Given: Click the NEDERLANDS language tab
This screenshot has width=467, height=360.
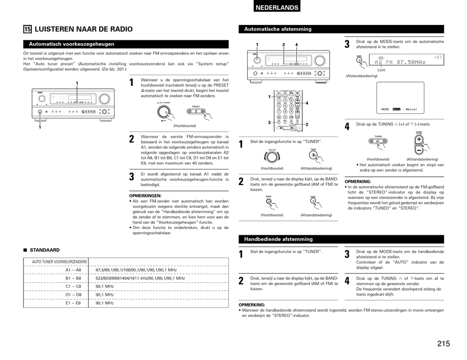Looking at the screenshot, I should point(277,7).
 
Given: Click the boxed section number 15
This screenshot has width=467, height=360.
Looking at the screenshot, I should point(27,29).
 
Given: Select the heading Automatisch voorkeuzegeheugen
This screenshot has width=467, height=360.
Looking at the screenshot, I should point(71,44).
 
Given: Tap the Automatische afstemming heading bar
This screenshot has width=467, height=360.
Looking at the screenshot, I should point(278,29).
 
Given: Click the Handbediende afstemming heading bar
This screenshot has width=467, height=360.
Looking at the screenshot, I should point(278,239).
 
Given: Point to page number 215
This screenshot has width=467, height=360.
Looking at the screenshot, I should point(443,344).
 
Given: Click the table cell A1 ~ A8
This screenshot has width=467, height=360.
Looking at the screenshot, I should point(73,270).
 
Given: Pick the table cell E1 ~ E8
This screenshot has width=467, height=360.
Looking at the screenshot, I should point(73,304).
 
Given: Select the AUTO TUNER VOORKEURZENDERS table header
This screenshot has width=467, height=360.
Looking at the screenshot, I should point(59,262).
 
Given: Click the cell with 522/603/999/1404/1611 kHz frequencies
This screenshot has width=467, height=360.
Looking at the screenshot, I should point(140,278).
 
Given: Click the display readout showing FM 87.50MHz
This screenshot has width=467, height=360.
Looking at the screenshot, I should point(400,62).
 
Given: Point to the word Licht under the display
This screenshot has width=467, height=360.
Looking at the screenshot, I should point(381,71).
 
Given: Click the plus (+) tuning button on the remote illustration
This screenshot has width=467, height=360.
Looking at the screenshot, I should point(419,139).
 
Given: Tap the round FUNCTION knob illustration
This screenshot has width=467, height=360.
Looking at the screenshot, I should point(272,157).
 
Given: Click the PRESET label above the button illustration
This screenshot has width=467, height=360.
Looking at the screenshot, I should point(196,107).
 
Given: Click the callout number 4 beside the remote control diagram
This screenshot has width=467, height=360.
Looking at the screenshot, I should point(307,103).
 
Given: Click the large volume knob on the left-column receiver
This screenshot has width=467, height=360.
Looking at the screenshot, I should point(104,98).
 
